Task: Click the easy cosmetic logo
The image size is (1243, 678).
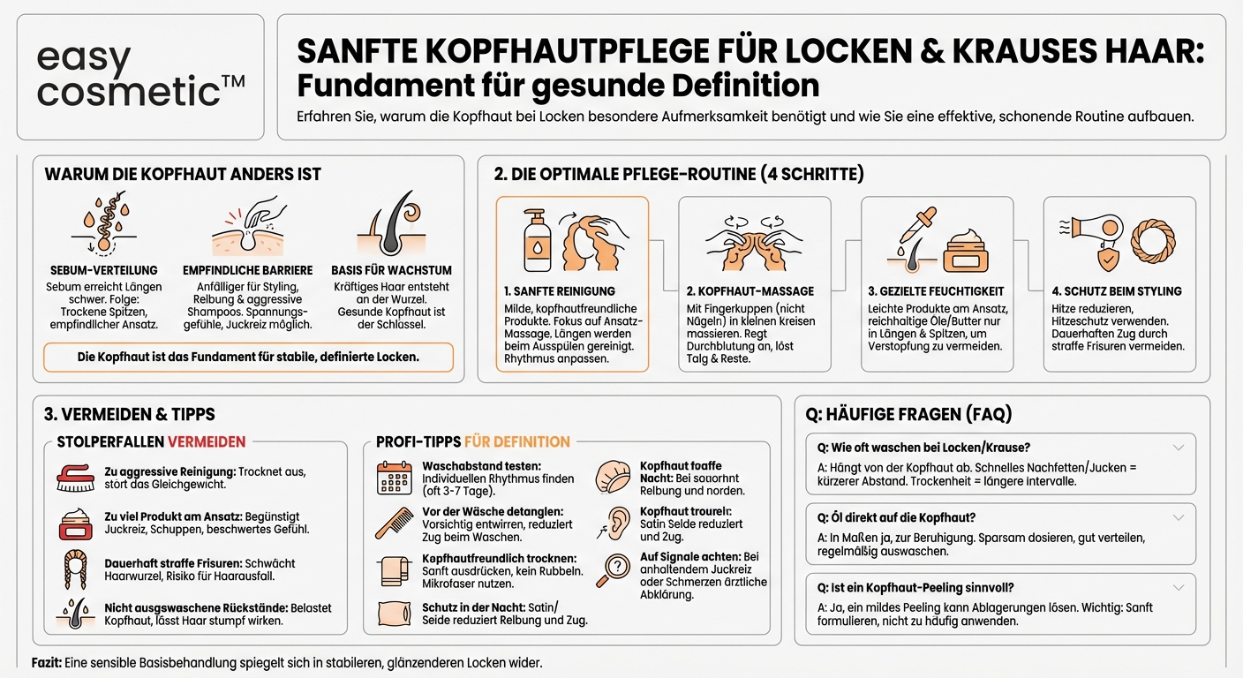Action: tap(140, 76)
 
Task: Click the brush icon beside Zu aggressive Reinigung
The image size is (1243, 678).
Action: tap(75, 478)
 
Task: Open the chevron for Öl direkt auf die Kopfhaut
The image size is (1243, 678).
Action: tap(1178, 517)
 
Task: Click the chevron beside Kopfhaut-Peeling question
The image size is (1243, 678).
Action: tap(1178, 587)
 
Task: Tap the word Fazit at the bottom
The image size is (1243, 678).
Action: tap(46, 662)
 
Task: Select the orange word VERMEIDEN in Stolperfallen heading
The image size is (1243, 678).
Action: tap(207, 441)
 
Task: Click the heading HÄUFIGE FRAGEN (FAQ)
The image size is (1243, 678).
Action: tap(908, 413)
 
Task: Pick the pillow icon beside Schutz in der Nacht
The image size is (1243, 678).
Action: tap(393, 614)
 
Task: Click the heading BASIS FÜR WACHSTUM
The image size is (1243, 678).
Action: tap(391, 270)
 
